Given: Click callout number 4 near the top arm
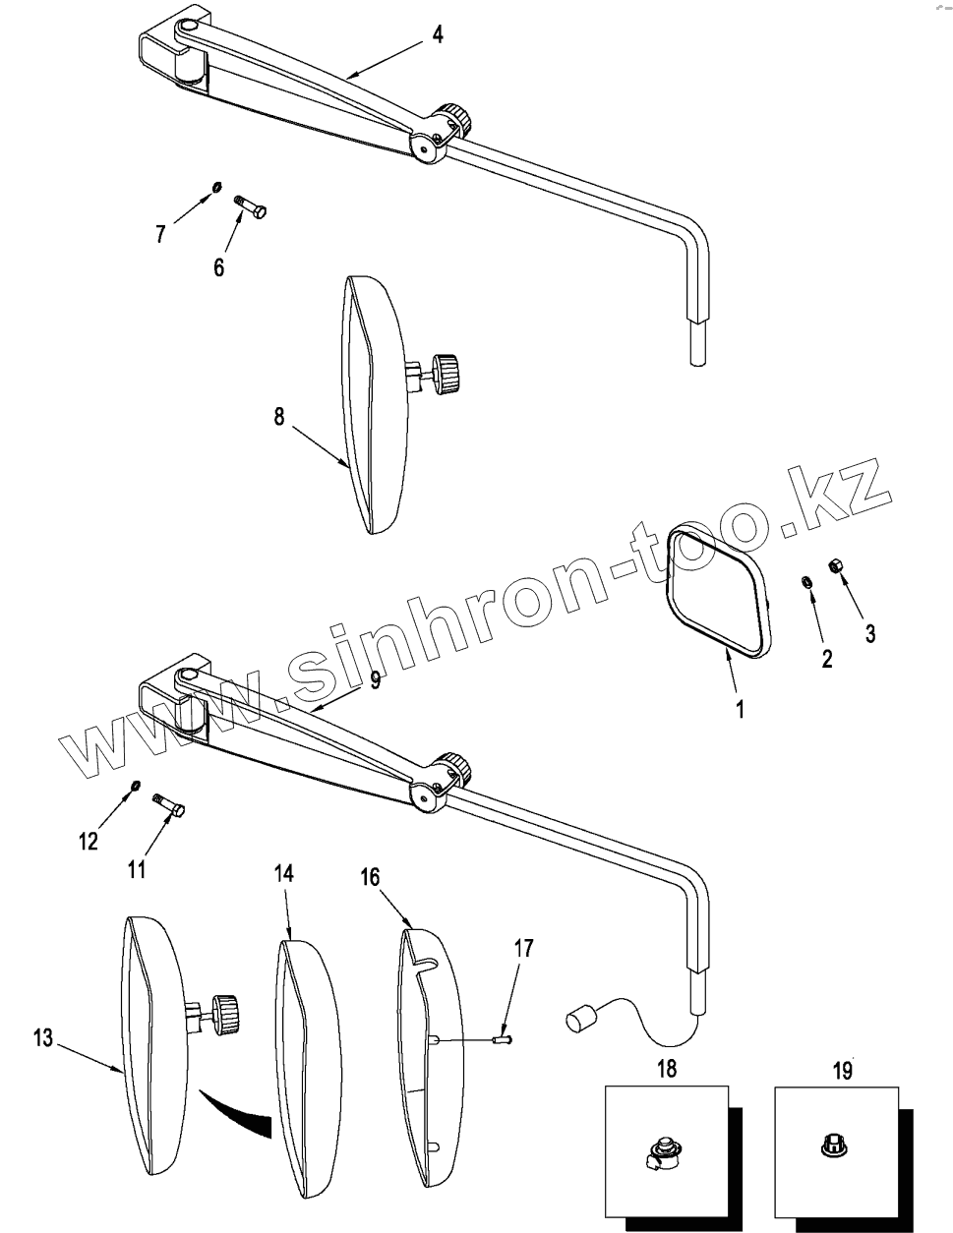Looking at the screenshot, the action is coord(438,34).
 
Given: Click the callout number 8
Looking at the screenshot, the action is coord(279,417).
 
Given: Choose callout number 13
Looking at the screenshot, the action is coord(40,1036).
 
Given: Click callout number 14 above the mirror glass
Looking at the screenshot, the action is coord(283,874).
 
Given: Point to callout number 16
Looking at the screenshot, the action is coord(370,878).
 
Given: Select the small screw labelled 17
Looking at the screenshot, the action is coord(504,1035).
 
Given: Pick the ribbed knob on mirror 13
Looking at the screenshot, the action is coord(225,1012).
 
